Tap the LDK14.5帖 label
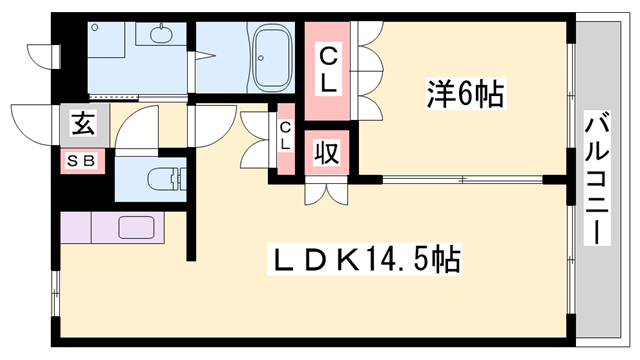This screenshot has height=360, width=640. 367,262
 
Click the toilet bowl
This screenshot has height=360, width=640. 164,181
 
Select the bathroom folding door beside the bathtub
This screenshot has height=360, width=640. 205,66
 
